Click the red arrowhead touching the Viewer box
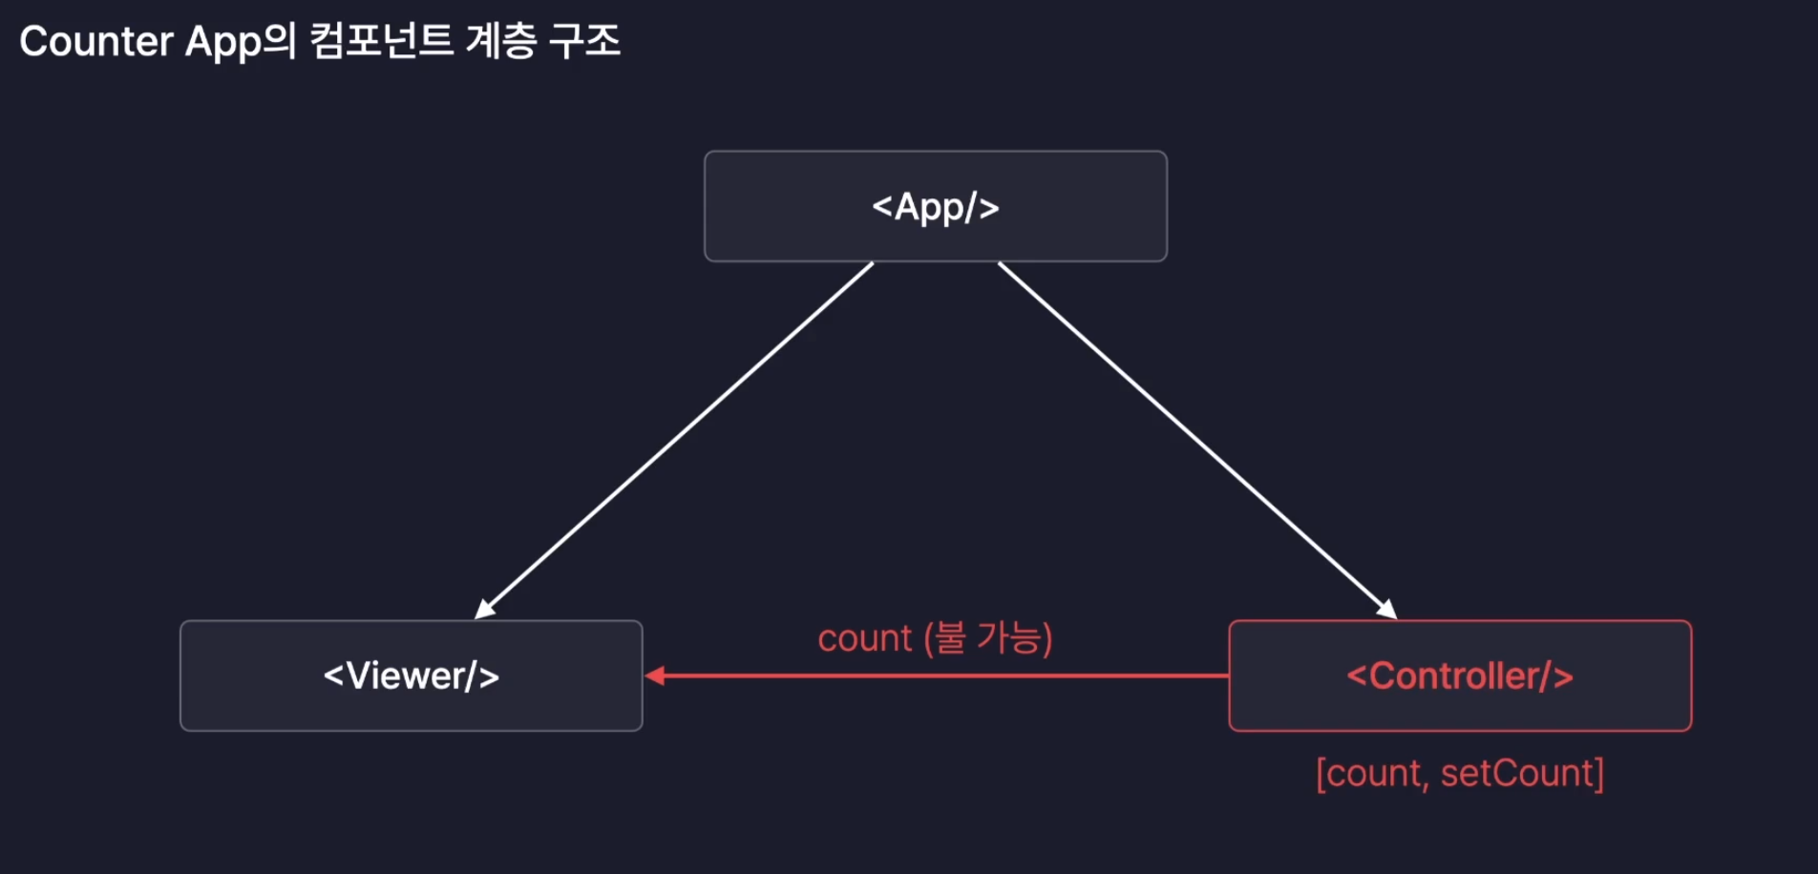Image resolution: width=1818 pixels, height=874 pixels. [655, 676]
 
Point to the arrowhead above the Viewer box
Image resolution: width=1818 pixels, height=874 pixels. [485, 610]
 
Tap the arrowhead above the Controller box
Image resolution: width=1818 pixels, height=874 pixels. [1387, 610]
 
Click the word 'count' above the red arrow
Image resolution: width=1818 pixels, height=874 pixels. [864, 638]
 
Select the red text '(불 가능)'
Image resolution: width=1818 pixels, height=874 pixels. [988, 638]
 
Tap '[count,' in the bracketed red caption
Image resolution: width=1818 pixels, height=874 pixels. [1371, 774]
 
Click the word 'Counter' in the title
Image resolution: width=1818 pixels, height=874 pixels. [96, 42]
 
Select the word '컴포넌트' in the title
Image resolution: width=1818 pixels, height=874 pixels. [382, 42]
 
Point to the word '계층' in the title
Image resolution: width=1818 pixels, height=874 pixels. [500, 42]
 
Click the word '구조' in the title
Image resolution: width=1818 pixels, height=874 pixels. [584, 42]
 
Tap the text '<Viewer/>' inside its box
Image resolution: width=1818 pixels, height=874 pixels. [412, 676]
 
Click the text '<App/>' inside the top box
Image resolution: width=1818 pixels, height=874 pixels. [936, 207]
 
